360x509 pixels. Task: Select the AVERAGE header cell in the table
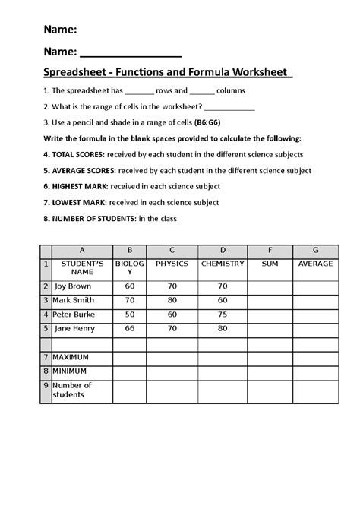pyautogui.click(x=315, y=264)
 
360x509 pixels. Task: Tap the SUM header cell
pyautogui.click(x=269, y=264)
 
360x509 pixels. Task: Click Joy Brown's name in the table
pyautogui.click(x=72, y=287)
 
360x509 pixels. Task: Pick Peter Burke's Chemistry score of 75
pyautogui.click(x=223, y=315)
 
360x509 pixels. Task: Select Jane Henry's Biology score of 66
pyautogui.click(x=129, y=328)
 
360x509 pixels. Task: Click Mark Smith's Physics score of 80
pyautogui.click(x=172, y=301)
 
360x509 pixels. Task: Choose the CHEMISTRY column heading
pyautogui.click(x=223, y=264)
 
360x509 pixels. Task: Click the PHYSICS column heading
pyautogui.click(x=172, y=264)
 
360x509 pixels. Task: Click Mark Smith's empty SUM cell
pyautogui.click(x=269, y=301)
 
